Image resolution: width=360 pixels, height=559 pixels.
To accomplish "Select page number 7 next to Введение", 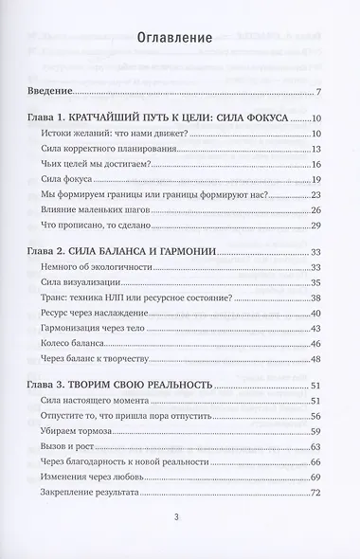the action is point(320,91).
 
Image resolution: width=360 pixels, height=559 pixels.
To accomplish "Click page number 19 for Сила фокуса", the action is point(317,180).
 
